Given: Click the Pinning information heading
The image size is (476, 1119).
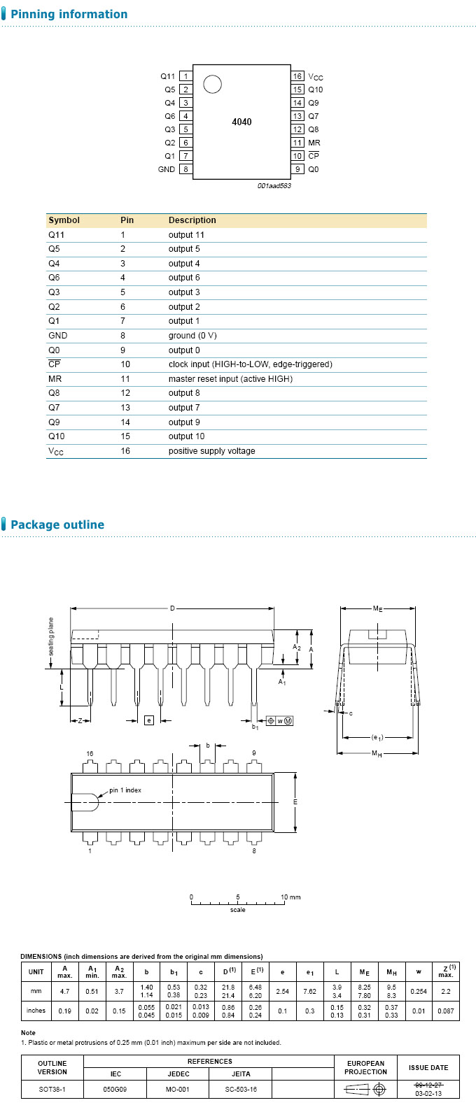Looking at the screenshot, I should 69,15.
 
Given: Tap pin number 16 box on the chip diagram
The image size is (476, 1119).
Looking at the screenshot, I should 297,76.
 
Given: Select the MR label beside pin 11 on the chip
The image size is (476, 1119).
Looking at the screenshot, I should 314,143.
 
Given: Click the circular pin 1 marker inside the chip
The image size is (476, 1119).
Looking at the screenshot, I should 212,85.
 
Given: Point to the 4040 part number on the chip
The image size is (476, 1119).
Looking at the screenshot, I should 241,122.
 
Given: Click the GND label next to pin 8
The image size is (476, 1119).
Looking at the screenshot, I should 167,169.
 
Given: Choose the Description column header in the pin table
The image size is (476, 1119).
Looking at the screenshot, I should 192,220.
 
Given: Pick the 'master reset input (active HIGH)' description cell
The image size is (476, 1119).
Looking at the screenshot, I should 230,379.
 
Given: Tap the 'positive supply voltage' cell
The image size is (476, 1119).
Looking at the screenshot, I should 211,451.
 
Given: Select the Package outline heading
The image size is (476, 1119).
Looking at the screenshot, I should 57,525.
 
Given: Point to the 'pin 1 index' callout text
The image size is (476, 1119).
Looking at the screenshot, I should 125,790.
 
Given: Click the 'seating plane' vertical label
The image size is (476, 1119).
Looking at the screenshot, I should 51,636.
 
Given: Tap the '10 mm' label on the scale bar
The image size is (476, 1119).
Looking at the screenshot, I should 290,897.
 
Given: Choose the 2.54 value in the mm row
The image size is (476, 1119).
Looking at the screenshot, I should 282,991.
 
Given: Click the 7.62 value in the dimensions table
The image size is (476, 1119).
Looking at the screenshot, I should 309,991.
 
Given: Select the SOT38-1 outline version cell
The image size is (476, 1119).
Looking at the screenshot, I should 52,1090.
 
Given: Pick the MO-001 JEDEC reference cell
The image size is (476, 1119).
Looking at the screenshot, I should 178,1090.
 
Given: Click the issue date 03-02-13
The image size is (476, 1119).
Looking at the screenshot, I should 428,1093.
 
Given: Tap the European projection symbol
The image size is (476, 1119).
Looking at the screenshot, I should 365,1090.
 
